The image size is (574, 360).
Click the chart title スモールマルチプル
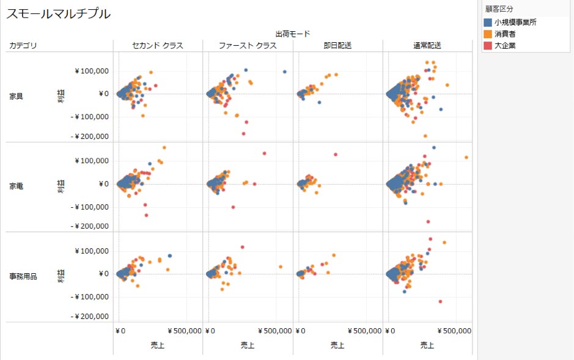[x=59, y=13]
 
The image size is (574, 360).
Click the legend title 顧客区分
[x=499, y=9]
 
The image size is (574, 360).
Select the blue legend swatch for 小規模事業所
[x=488, y=23]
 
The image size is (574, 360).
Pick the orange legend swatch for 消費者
[x=488, y=34]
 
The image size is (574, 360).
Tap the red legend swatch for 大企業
[x=488, y=46]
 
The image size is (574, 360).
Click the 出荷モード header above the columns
[x=292, y=34]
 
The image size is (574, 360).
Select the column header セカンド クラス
[x=158, y=46]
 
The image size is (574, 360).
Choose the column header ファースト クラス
[x=248, y=46]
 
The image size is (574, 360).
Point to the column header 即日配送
[x=337, y=46]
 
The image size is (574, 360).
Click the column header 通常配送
[x=427, y=46]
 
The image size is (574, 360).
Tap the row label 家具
[x=17, y=97]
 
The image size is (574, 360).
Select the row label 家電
[x=17, y=185]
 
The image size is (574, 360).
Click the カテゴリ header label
[x=23, y=46]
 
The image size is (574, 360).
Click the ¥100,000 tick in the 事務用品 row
[x=92, y=251]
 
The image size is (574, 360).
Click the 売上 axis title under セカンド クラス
[x=157, y=345]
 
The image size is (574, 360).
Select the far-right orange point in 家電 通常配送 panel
[x=466, y=158]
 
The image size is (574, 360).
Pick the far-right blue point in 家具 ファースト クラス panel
[x=285, y=72]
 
